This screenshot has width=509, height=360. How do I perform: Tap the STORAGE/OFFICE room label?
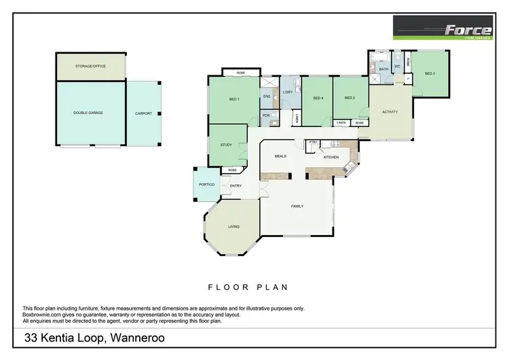tap(90, 66)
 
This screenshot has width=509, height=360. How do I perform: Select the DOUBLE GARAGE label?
tap(88, 113)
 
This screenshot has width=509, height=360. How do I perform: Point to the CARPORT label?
tap(143, 113)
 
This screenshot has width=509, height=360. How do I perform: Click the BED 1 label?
tap(234, 100)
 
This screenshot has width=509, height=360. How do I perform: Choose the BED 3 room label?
tap(430, 73)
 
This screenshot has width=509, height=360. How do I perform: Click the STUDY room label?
tap(226, 145)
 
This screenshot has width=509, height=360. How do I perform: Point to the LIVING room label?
tap(233, 226)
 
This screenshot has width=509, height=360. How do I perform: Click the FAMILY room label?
tap(297, 206)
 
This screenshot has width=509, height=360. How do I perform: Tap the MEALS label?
tap(280, 156)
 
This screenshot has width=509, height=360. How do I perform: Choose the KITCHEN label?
tap(331, 157)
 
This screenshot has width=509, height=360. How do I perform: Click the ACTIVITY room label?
tap(390, 112)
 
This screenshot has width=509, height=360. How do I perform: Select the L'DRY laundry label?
tap(287, 92)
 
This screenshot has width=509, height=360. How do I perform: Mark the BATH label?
tap(383, 69)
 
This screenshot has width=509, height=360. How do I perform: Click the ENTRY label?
tap(235, 185)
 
